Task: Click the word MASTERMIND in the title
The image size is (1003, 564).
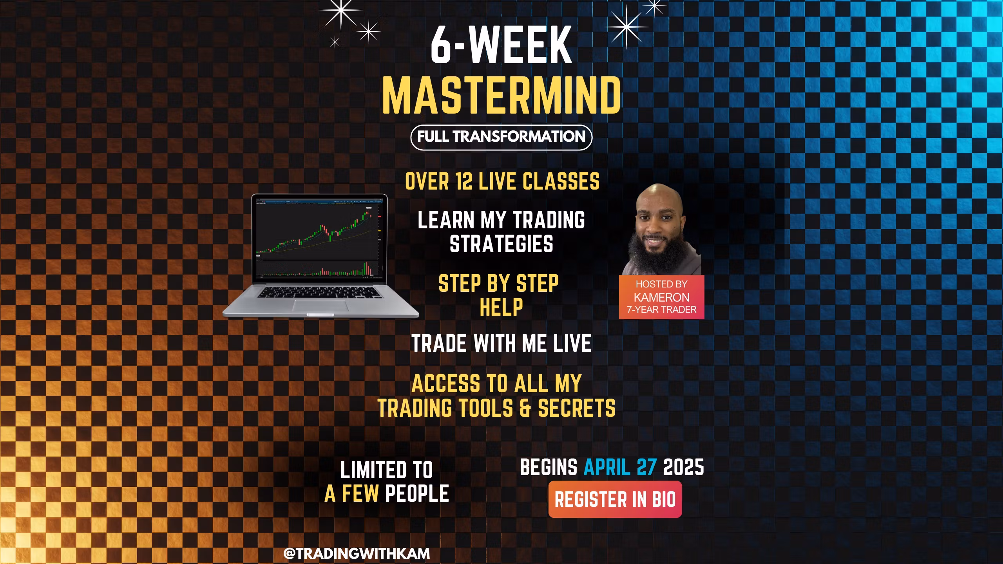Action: [x=501, y=95]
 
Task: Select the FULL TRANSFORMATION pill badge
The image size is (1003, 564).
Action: [x=501, y=137]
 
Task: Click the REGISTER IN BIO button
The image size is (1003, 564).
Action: [x=615, y=499]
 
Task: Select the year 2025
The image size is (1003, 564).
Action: [x=684, y=467]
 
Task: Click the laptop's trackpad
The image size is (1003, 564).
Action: [x=320, y=305]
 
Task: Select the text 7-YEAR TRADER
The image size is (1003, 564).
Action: [x=662, y=310]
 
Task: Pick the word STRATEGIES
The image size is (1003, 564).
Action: [x=501, y=244]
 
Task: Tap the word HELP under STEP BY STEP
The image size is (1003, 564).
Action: [x=501, y=307]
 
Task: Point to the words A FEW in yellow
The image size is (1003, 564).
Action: [x=351, y=493]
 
